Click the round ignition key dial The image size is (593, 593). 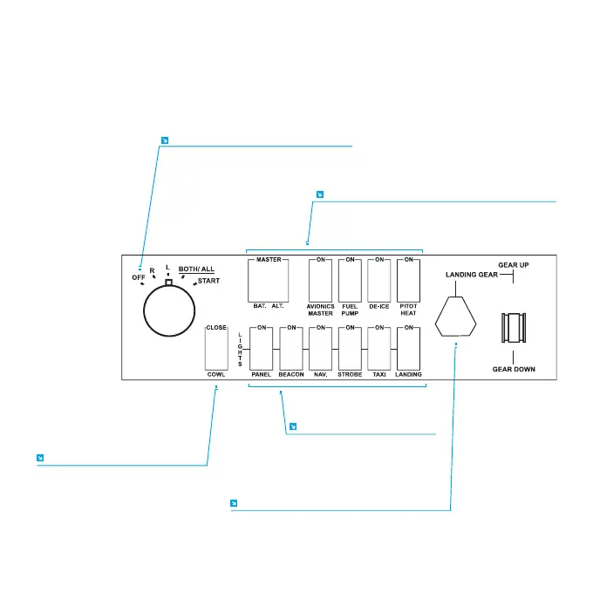click(168, 310)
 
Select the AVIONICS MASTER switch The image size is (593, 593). click(321, 280)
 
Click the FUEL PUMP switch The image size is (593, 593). click(350, 280)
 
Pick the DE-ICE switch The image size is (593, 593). click(379, 280)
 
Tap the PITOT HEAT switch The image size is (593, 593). click(409, 280)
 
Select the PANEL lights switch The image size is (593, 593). click(262, 348)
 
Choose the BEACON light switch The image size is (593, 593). click(291, 348)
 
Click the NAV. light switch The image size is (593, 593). click(321, 348)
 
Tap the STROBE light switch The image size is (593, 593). click(350, 348)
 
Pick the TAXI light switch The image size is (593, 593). click(379, 348)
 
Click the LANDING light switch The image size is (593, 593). click(409, 348)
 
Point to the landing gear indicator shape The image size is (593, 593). click(456, 315)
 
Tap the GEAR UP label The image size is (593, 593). click(513, 264)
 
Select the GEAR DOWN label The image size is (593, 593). click(514, 369)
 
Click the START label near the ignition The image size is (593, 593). click(208, 282)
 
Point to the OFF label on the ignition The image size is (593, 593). click(138, 277)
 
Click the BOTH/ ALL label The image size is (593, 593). click(196, 269)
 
